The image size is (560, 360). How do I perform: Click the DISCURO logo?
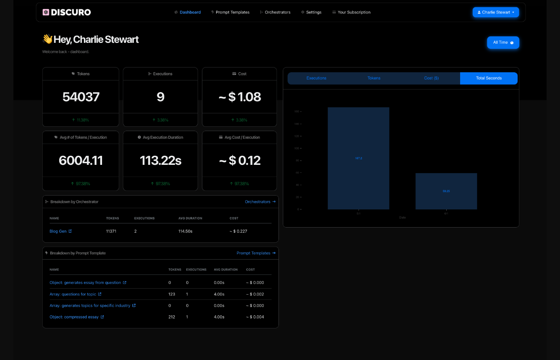[x=67, y=12]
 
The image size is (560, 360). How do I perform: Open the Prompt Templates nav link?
[x=230, y=12]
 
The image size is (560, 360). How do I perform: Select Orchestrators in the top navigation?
[x=275, y=12]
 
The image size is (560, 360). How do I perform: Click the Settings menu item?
[x=311, y=12]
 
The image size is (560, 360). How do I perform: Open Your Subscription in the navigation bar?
[x=352, y=12]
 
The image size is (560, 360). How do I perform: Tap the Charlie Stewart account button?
[x=496, y=12]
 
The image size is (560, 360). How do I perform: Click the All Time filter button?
[x=503, y=42]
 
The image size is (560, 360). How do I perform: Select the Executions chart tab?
[x=317, y=78]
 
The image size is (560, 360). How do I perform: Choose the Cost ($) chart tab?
[x=431, y=78]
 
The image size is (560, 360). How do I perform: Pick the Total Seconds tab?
[x=489, y=78]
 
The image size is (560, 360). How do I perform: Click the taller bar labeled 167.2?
[x=358, y=158]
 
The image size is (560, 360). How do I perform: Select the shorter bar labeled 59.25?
[x=446, y=191]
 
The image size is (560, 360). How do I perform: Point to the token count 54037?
[x=81, y=97]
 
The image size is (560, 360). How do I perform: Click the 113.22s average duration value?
[x=160, y=161]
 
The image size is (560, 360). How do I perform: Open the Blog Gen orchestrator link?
[x=58, y=231]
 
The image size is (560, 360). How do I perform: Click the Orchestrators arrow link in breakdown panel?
[x=260, y=202]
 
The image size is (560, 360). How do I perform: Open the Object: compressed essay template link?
[x=74, y=317]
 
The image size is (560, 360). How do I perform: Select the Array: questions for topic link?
[x=73, y=294]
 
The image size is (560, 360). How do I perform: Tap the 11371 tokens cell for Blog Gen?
[x=111, y=231]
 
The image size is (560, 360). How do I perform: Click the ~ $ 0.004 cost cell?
[x=255, y=317]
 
